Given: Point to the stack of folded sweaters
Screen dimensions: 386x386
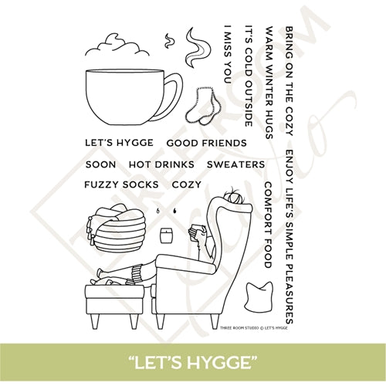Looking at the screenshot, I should point(117,229).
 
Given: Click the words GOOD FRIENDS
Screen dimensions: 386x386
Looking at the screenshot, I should point(205,143).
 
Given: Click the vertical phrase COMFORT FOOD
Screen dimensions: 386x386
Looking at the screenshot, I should point(268,225).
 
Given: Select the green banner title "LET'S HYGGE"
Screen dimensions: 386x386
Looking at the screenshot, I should point(193,362).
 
